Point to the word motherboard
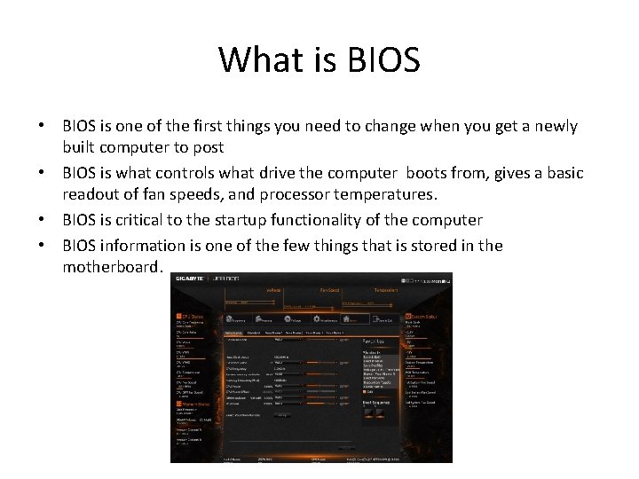(113, 266)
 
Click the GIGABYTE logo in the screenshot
(190, 279)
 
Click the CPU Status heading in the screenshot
(192, 315)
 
